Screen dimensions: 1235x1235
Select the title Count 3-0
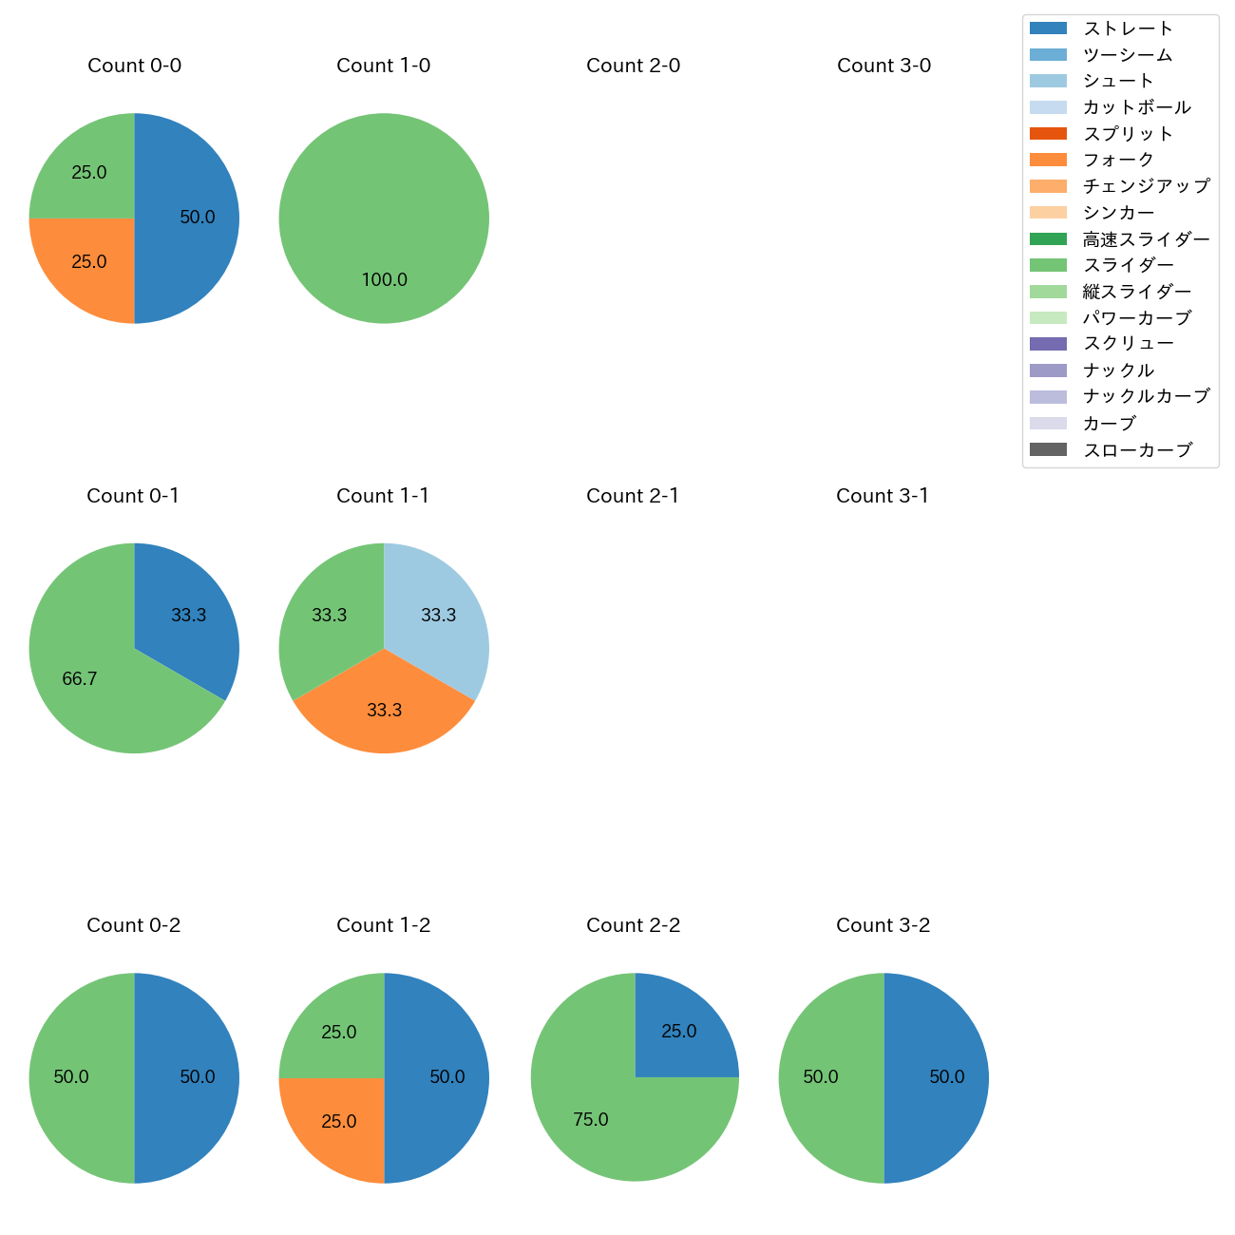[883, 66]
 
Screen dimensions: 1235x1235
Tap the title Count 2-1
[633, 496]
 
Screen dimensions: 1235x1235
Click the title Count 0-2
[134, 925]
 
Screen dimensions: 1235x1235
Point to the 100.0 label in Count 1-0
[385, 280]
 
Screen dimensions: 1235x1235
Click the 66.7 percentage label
[80, 679]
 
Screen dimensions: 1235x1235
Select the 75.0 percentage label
[591, 1120]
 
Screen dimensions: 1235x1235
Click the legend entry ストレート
[1128, 28]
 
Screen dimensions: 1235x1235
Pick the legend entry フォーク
[1118, 160]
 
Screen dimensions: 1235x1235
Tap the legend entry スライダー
[1128, 265]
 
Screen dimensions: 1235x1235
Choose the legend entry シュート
[1118, 81]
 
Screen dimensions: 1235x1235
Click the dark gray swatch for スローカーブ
[1048, 449]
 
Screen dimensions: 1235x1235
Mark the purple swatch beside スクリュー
[1048, 344]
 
